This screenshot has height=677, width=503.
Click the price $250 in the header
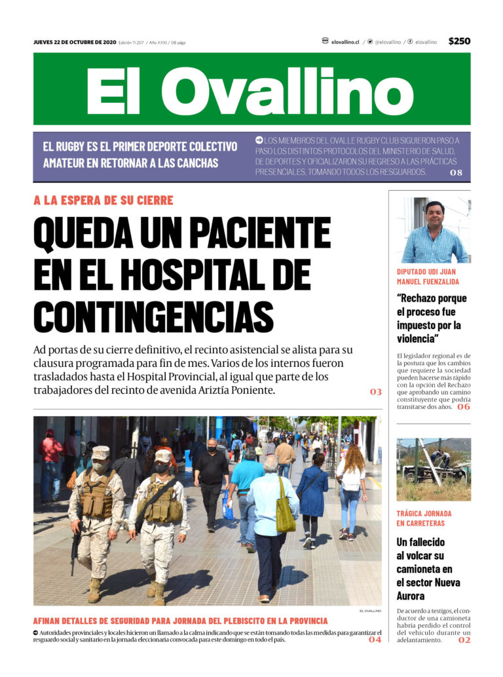tap(459, 41)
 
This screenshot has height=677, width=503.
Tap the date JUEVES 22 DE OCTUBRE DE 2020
tap(75, 42)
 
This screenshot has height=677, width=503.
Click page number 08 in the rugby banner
tap(456, 172)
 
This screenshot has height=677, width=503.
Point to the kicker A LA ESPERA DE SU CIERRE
tap(103, 201)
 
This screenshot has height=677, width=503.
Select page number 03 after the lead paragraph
tap(375, 391)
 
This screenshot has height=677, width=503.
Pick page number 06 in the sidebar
tap(463, 407)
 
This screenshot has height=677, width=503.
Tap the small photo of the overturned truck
tap(433, 469)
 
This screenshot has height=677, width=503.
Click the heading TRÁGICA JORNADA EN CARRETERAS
tap(424, 518)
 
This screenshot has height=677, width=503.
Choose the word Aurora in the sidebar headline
tap(411, 596)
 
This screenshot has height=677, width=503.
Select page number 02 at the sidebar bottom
tap(464, 640)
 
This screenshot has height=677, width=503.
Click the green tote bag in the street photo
tap(285, 514)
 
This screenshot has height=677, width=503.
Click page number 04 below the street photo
tap(375, 639)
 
